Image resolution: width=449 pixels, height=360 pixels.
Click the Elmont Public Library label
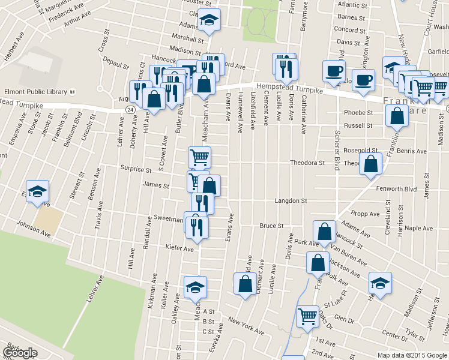tap(34, 92)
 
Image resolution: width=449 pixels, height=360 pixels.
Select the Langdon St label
tap(291, 201)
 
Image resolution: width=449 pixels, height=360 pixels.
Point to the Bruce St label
tap(271, 226)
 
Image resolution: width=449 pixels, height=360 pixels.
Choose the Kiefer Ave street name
tap(180, 248)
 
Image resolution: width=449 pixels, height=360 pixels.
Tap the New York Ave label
tap(246, 328)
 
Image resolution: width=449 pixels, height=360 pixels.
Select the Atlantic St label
tap(352, 4)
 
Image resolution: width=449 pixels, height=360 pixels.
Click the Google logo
tap(20, 353)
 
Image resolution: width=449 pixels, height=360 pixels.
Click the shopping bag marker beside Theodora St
tap(371, 163)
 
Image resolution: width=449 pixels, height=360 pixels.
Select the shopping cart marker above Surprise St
tap(199, 157)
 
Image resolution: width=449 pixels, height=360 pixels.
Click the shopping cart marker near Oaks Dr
tap(307, 316)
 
